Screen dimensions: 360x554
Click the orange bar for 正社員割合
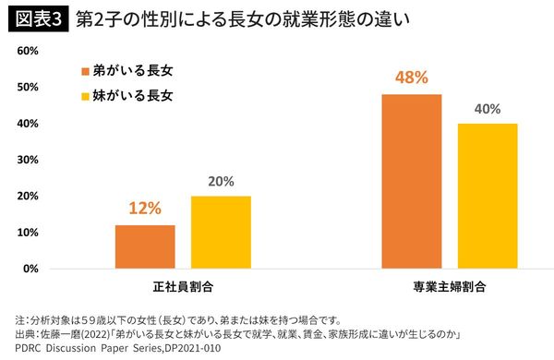point(145,246)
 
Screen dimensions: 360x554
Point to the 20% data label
point(221,181)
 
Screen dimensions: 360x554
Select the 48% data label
point(411,78)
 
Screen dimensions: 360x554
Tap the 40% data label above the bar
point(487,109)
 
